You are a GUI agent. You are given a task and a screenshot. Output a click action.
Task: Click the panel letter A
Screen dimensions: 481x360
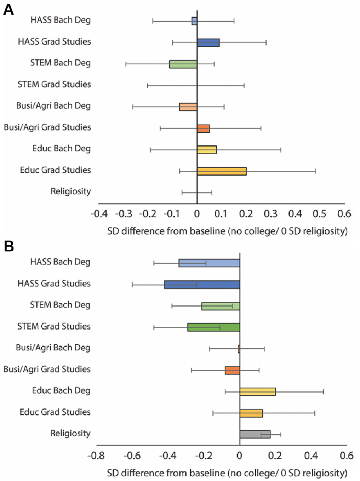tap(8, 9)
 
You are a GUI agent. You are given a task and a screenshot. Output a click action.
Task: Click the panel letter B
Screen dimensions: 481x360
tap(8, 246)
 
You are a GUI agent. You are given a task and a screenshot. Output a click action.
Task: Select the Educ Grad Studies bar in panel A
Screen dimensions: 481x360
tap(222, 171)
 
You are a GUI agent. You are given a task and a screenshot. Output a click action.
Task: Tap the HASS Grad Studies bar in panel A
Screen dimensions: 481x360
tap(208, 43)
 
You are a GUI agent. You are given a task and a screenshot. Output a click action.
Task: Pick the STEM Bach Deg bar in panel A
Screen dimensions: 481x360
tap(183, 64)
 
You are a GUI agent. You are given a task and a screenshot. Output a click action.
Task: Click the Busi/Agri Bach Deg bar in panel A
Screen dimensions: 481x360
tap(188, 107)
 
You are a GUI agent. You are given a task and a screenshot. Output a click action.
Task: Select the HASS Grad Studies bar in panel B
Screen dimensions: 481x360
tap(202, 285)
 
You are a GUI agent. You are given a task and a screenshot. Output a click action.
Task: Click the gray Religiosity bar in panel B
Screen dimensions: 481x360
tap(255, 434)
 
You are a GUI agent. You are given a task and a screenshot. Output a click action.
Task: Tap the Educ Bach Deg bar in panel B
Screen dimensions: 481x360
tap(258, 391)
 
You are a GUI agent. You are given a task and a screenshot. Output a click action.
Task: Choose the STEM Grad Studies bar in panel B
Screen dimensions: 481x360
tap(213, 327)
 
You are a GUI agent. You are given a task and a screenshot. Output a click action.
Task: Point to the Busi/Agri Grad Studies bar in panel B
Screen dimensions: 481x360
tap(232, 371)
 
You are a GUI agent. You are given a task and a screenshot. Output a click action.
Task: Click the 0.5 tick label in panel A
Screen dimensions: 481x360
tap(319, 214)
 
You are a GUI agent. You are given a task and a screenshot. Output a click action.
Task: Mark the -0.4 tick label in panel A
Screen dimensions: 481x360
tap(99, 214)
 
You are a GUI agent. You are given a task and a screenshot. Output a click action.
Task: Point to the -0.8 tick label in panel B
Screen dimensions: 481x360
tap(96, 456)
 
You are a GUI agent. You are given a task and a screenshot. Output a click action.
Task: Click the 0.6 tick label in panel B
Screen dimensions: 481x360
tap(346, 456)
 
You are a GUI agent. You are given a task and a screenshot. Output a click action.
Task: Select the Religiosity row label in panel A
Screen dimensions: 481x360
tap(70, 191)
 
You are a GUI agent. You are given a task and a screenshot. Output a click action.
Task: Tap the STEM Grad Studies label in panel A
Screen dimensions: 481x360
tap(54, 84)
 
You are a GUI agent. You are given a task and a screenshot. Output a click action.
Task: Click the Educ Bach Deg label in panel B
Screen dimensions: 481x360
tap(61, 390)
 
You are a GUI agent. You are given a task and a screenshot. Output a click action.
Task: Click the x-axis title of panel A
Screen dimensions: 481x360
tap(227, 231)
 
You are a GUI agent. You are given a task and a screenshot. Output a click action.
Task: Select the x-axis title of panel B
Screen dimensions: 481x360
tap(227, 473)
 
